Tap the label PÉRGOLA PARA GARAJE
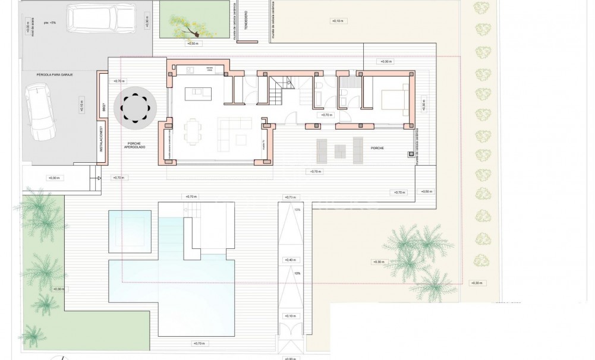pyautogui.click(x=55, y=75)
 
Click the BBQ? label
pyautogui.click(x=102, y=99)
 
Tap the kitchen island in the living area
pyautogui.click(x=199, y=94)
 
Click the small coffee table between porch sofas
pyautogui.click(x=341, y=150)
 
